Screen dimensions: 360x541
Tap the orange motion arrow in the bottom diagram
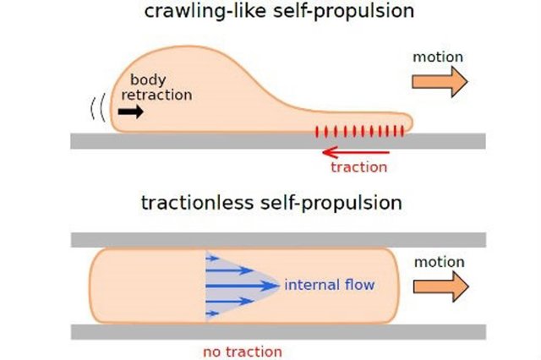tap(440, 286)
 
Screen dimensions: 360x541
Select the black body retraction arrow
tap(131, 112)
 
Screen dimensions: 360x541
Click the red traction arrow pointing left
tap(355, 152)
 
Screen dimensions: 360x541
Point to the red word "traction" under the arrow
tap(359, 167)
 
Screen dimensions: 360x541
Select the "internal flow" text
tap(330, 286)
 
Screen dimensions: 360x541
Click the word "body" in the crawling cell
tap(148, 79)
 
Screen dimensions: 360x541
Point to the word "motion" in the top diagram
tap(438, 57)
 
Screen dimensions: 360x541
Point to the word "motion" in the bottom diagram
tap(439, 262)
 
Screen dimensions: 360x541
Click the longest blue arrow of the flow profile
tap(245, 286)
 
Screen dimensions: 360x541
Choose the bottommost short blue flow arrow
tap(215, 314)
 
